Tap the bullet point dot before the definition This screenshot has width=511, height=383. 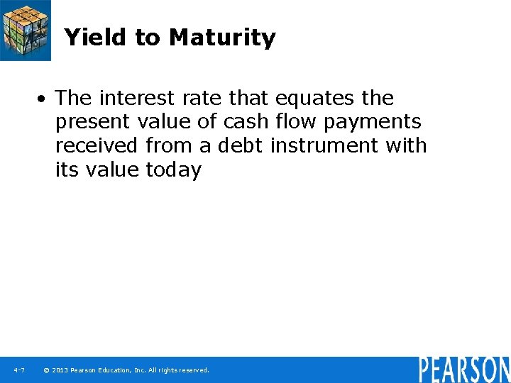pos(44,98)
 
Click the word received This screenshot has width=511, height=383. pos(97,145)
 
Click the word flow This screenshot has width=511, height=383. pos(297,121)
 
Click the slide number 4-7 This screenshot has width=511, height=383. pos(19,370)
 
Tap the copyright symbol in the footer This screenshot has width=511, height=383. pos(46,370)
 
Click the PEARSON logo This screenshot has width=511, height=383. pos(463,370)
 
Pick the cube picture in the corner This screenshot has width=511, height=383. pos(26,30)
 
